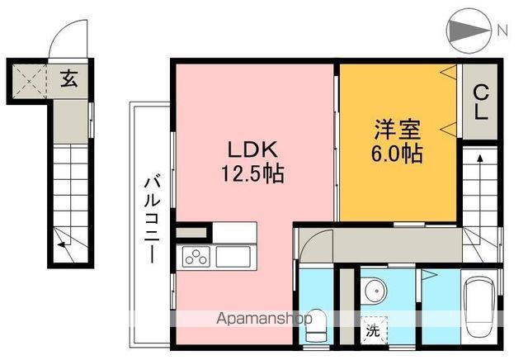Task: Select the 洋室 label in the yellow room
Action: pos(398,131)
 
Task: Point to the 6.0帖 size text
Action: pos(398,154)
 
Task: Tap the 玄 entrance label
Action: pos(70,79)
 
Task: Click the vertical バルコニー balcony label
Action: pos(153,219)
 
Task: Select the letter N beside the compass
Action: pos(502,31)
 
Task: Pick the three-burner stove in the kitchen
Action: pos(196,258)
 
